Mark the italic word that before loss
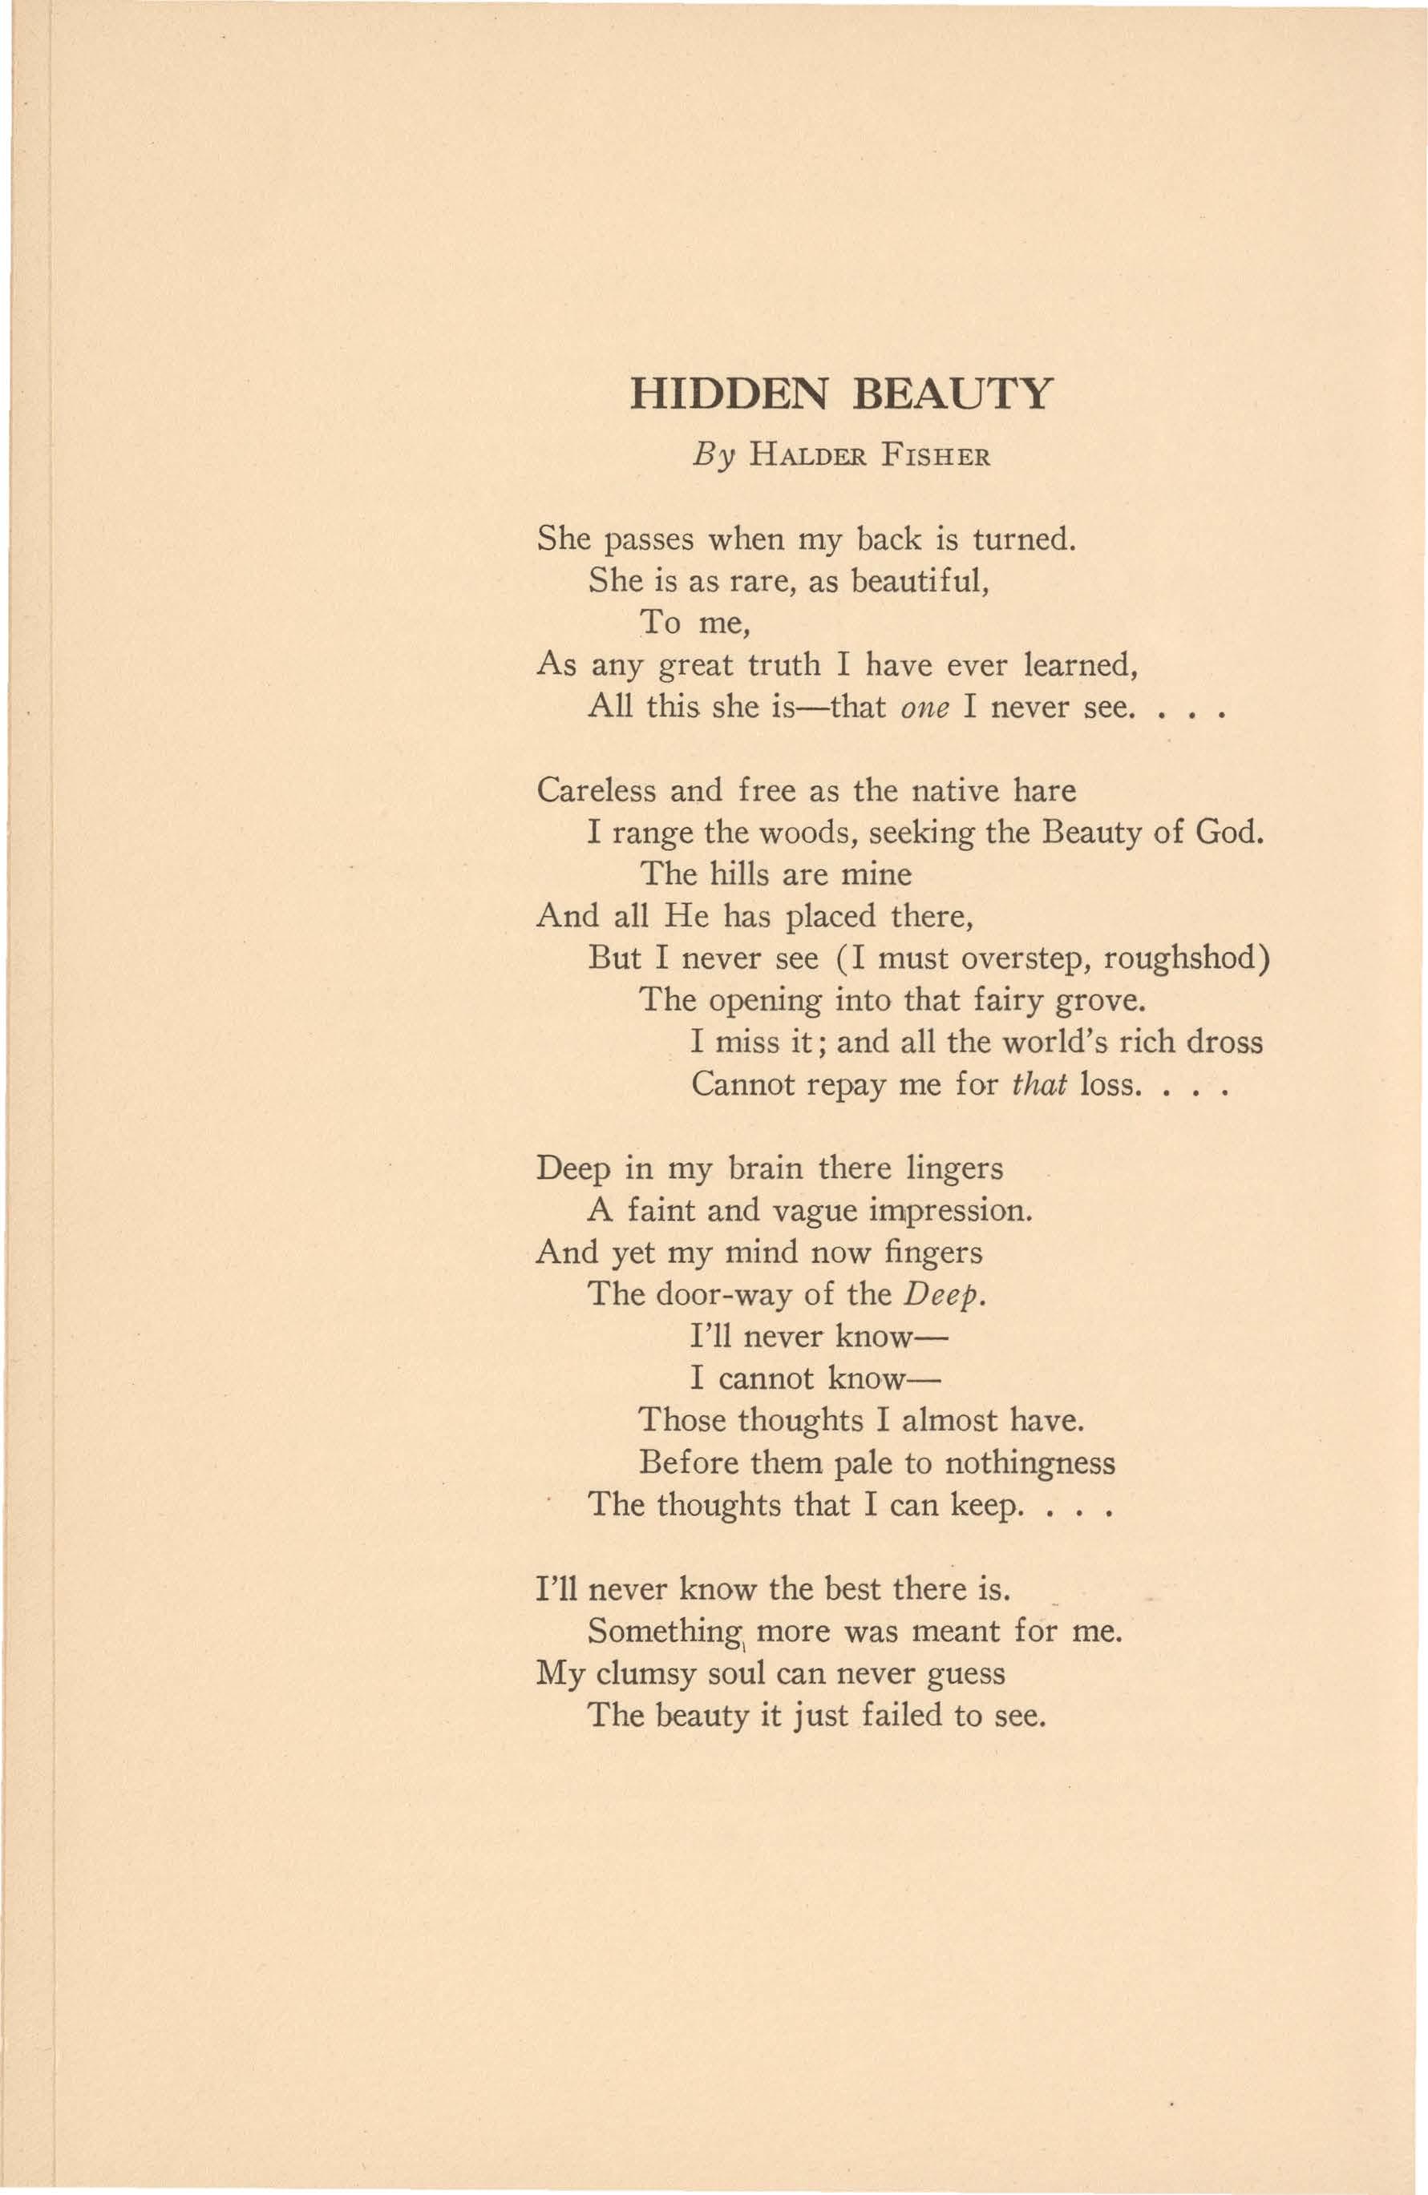click(1040, 1083)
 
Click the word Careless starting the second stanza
click(596, 790)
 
